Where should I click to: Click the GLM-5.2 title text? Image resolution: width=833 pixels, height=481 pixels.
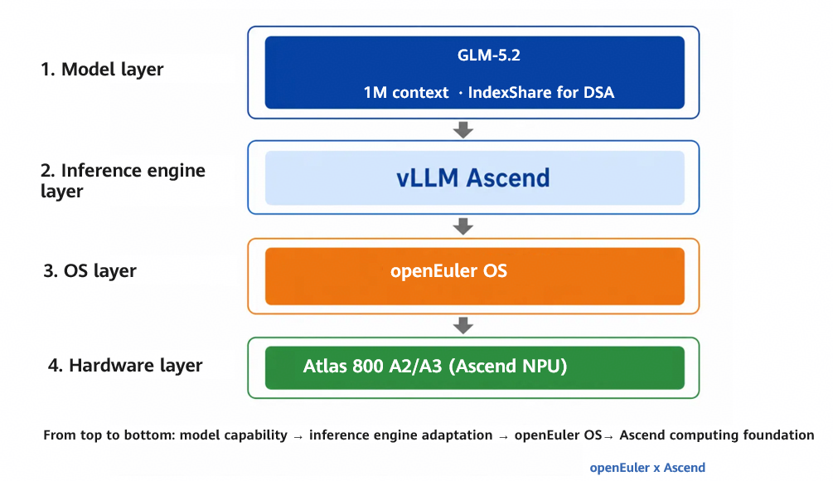(489, 56)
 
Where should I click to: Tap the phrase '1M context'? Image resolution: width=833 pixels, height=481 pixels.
(406, 93)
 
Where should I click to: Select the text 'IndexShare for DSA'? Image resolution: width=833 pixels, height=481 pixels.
(540, 93)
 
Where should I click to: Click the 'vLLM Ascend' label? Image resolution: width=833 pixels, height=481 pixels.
(472, 178)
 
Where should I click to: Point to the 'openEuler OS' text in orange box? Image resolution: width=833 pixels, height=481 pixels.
(449, 271)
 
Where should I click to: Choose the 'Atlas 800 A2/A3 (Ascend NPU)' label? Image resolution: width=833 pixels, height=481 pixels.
(435, 367)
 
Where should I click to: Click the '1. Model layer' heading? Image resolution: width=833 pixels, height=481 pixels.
(102, 70)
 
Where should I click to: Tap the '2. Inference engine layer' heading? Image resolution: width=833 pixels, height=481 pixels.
(123, 181)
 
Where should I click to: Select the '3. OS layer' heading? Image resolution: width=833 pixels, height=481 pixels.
(90, 271)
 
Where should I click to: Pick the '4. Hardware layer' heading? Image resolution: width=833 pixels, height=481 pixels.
(125, 366)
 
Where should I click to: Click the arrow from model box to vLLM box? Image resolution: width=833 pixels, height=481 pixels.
(463, 129)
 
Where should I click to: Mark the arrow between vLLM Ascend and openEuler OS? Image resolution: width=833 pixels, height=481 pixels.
(463, 226)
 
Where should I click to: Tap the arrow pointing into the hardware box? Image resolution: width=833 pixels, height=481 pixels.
(463, 325)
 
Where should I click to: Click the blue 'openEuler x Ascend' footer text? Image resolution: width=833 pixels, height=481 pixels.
(647, 468)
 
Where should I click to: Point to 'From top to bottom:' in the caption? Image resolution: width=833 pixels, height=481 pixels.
(109, 435)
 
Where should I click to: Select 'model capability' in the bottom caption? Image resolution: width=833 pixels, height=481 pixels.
(233, 435)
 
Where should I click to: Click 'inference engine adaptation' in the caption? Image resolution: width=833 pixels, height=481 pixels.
(400, 435)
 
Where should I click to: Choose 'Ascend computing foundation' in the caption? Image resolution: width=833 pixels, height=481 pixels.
(717, 435)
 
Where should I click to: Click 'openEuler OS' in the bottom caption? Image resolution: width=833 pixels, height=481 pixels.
(558, 435)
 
